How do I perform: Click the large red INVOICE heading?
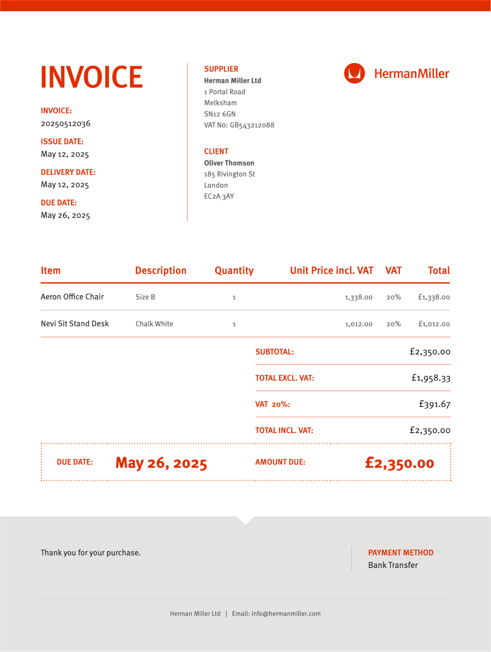pos(92,77)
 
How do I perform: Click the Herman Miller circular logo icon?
pos(354,73)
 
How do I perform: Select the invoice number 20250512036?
pos(66,123)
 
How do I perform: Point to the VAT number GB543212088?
pos(252,125)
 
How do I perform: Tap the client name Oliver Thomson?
pos(229,163)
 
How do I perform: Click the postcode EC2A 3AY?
pos(219,196)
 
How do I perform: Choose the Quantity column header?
pos(234,271)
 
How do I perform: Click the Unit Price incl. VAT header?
pos(332,271)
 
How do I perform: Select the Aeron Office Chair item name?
pos(72,297)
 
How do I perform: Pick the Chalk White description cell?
pos(154,324)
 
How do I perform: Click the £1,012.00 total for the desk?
pos(434,324)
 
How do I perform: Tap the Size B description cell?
pos(145,297)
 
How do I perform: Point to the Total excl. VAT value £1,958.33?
pos(431,378)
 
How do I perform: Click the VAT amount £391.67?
pos(434,404)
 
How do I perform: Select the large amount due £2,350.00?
pos(399,463)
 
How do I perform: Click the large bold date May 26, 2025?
pos(161,463)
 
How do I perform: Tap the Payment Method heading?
pos(401,553)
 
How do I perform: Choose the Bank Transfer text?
pos(393,565)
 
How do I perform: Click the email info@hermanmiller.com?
pos(286,613)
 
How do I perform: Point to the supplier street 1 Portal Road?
pos(225,92)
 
